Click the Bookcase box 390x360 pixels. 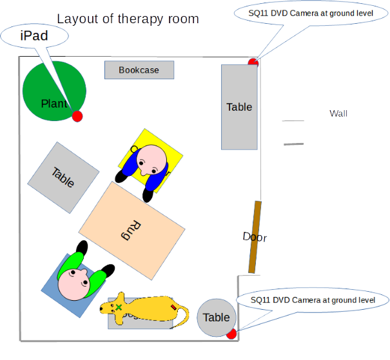click(x=139, y=70)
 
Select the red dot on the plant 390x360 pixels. click(x=77, y=116)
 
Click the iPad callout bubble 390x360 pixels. click(x=35, y=36)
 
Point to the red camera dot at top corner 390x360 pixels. click(x=253, y=61)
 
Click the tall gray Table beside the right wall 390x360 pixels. click(x=239, y=107)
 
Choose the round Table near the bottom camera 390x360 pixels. click(x=216, y=317)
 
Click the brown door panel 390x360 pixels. click(x=254, y=236)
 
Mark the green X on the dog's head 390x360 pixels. click(x=119, y=307)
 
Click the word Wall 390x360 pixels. click(x=338, y=113)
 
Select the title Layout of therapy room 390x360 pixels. click(x=128, y=19)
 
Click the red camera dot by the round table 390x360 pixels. click(x=231, y=334)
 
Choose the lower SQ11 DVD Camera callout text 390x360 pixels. click(x=311, y=300)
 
